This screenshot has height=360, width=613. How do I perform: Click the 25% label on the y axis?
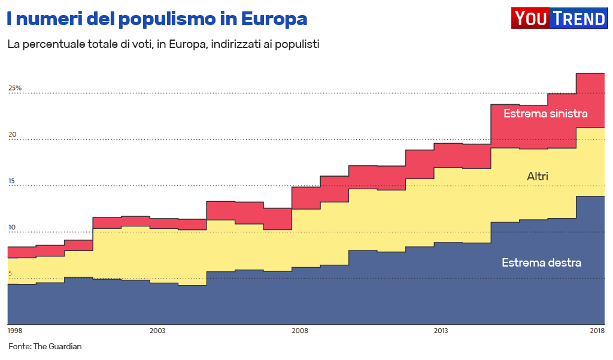(x=14, y=88)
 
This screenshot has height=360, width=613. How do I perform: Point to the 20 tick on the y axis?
(x=12, y=135)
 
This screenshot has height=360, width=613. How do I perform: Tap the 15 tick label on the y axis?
(x=12, y=181)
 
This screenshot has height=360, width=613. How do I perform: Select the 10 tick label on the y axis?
(x=12, y=228)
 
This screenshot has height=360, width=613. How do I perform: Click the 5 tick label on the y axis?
(x=10, y=274)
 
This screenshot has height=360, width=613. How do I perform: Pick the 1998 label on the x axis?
(x=15, y=331)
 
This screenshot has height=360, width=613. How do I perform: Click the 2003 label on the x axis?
(x=157, y=331)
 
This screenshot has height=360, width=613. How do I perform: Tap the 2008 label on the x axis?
(x=299, y=331)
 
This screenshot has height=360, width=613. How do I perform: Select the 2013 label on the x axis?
(x=441, y=331)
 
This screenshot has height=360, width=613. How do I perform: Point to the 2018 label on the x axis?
(x=597, y=331)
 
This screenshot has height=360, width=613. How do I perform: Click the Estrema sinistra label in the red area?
(x=545, y=113)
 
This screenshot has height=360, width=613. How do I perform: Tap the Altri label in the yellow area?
(x=538, y=176)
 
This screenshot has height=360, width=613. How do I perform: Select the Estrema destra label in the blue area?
(x=541, y=262)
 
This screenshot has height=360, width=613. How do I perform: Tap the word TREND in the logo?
(x=578, y=19)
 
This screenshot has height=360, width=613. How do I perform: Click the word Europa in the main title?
(x=274, y=19)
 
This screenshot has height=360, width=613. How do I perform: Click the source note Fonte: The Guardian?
(x=45, y=346)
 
